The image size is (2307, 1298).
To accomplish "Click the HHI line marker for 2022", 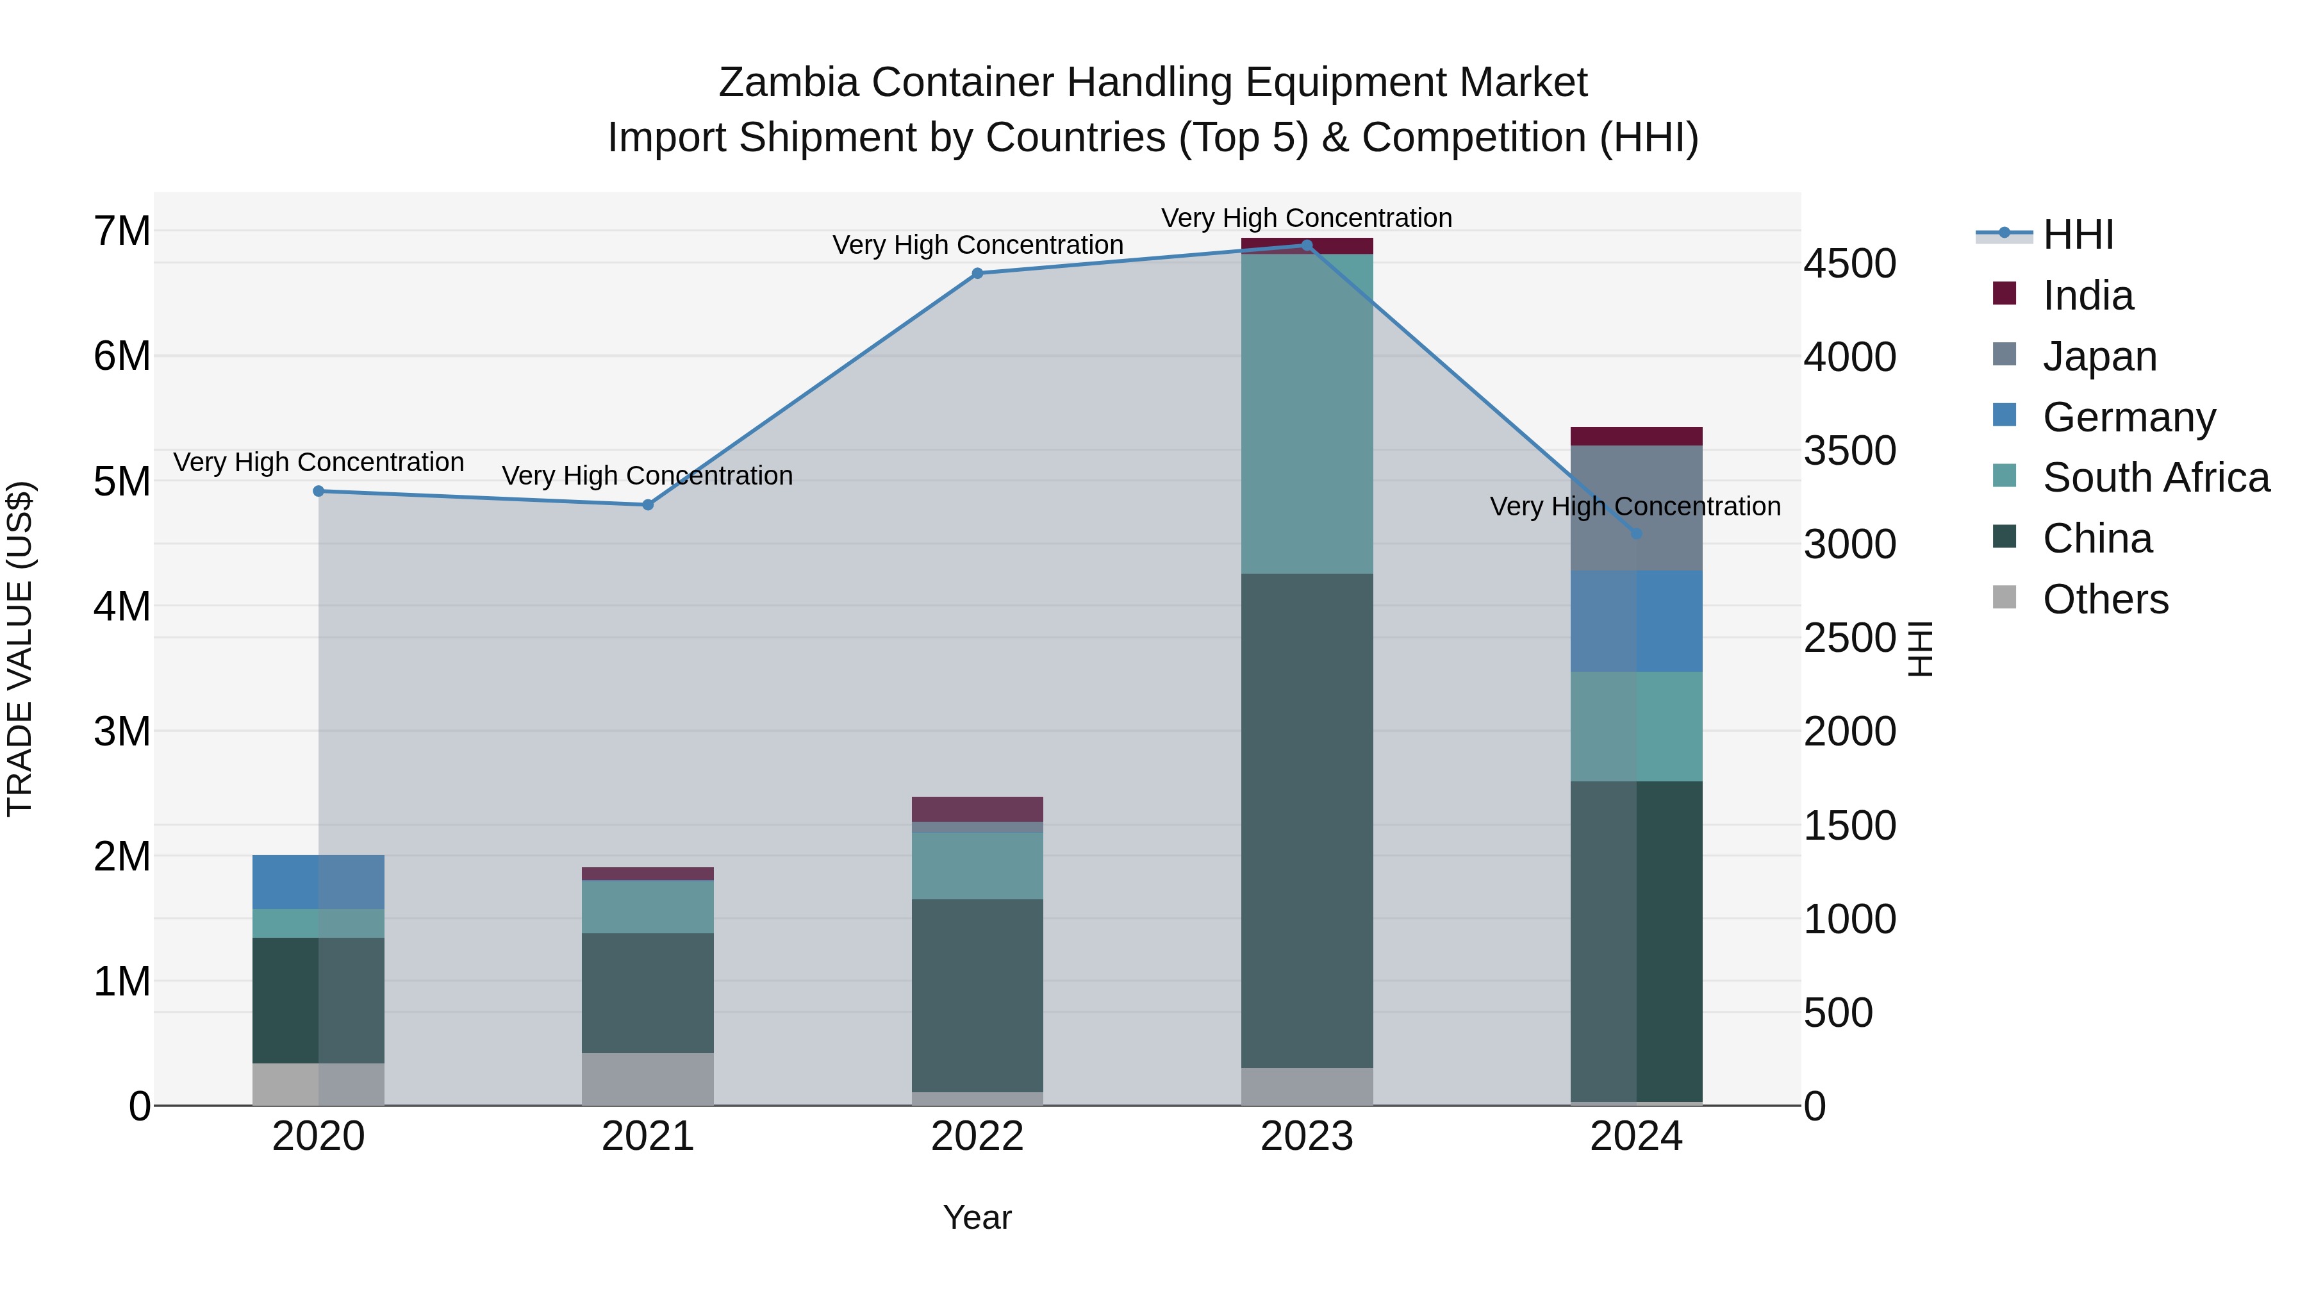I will tap(977, 273).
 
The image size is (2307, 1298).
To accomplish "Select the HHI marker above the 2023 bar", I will tap(1307, 245).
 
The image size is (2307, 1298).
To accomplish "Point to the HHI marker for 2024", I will tap(1636, 534).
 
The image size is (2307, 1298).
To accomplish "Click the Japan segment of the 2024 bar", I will tap(1636, 507).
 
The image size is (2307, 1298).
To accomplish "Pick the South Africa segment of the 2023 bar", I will tap(1307, 414).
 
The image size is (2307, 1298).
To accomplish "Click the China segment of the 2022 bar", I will tap(977, 995).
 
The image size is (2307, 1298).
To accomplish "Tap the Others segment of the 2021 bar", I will tap(647, 1079).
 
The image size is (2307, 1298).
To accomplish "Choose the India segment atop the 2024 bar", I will tap(1636, 437).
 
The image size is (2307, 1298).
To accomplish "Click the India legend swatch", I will tap(2005, 294).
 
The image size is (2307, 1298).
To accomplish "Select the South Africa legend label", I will tap(2156, 478).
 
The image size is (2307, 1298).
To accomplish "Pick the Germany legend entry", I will tap(2129, 417).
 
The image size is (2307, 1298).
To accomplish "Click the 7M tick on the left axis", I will tap(122, 231).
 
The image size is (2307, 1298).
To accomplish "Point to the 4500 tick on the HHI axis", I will tap(1849, 263).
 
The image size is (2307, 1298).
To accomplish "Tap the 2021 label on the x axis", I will tap(647, 1136).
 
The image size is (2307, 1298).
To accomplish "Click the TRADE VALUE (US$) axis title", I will tap(21, 649).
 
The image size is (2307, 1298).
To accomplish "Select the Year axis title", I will tap(977, 1217).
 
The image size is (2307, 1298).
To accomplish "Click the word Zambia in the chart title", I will tap(788, 83).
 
